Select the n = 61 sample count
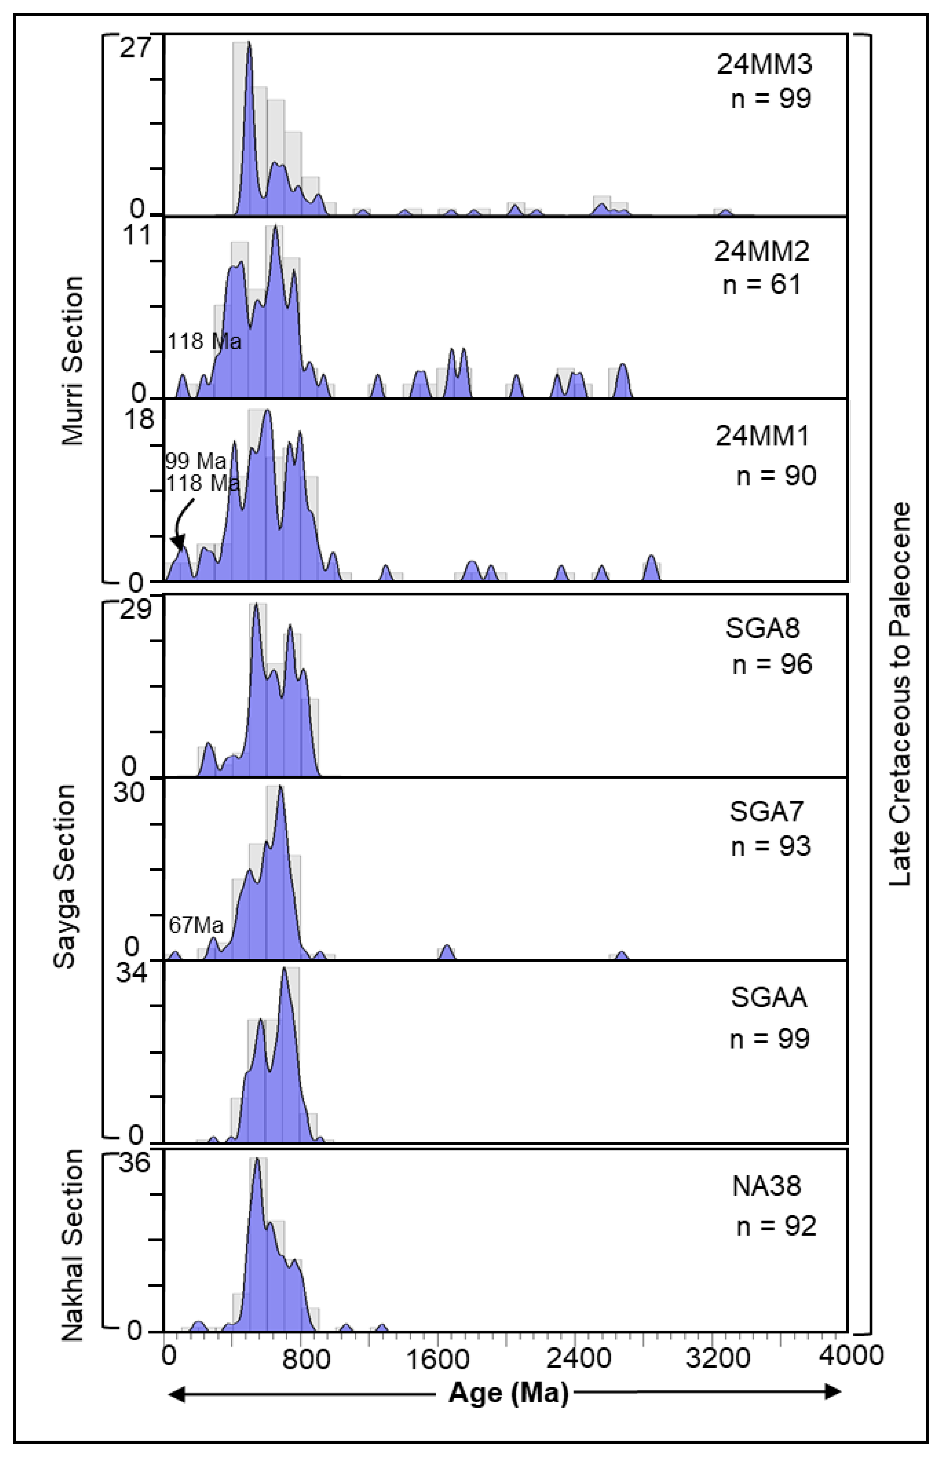point(761,284)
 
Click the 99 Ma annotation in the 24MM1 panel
point(196,461)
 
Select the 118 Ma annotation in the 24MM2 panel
point(204,341)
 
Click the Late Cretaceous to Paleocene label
point(899,694)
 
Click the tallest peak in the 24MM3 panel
point(248,44)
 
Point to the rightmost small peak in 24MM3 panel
point(725,212)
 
